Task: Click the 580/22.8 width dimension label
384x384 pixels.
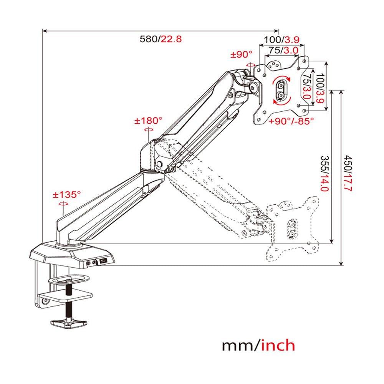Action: pyautogui.click(x=160, y=39)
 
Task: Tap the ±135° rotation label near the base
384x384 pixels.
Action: pyautogui.click(x=67, y=194)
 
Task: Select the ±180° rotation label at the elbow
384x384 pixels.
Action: pyautogui.click(x=148, y=121)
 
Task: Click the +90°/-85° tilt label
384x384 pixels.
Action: pyautogui.click(x=291, y=121)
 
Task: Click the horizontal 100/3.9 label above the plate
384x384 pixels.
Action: pyautogui.click(x=281, y=40)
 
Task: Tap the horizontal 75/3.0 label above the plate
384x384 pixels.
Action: pyautogui.click(x=283, y=50)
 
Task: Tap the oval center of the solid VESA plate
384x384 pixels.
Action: pyautogui.click(x=281, y=89)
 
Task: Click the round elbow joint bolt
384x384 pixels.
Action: pyautogui.click(x=159, y=164)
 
